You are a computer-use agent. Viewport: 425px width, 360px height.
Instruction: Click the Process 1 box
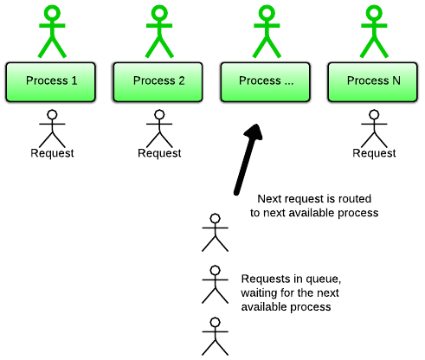[50, 82]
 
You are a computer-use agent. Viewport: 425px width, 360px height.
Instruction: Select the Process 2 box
[158, 82]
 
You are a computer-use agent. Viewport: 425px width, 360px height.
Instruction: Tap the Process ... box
[265, 82]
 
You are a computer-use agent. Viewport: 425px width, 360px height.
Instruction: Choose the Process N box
[372, 82]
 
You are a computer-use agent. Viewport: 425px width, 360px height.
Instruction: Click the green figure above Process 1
[52, 32]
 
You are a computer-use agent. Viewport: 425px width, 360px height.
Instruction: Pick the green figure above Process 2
[159, 32]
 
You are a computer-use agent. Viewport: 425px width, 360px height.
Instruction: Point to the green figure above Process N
[374, 32]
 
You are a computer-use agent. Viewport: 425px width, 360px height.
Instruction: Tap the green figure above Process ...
[267, 32]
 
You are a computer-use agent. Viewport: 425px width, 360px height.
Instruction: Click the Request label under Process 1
[52, 153]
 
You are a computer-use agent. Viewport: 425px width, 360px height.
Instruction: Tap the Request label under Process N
[374, 153]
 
